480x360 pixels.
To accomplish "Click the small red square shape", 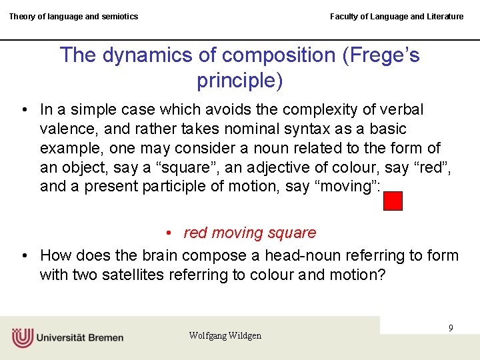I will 393,201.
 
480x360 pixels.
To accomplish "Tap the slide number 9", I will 451,328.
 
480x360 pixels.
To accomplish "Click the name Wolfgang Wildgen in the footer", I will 225,335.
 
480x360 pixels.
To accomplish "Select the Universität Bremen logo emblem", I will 22,337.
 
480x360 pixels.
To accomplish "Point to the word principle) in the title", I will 240,81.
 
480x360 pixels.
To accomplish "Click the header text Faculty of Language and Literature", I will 397,17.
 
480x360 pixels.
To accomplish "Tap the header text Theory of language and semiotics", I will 73,17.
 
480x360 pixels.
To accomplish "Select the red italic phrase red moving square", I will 249,233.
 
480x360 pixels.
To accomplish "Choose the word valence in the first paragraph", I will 70,129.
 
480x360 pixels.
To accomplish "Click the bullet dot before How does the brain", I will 24,255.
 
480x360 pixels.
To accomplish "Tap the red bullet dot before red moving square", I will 171,233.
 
